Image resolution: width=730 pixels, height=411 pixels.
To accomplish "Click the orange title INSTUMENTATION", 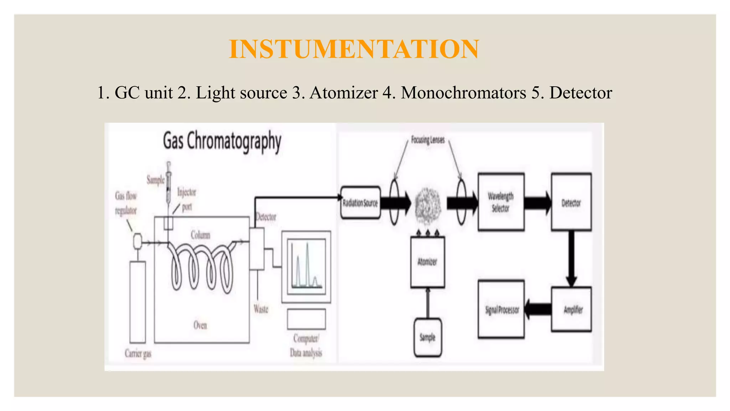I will [x=354, y=49].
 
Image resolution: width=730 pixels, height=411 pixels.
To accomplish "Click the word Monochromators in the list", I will [x=463, y=93].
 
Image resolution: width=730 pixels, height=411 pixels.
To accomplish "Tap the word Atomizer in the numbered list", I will [x=344, y=93].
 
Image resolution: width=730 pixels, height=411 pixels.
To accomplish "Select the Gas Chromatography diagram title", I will [x=222, y=141].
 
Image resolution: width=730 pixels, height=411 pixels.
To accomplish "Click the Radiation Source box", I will [x=360, y=203].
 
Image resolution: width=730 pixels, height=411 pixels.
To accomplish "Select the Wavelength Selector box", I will [x=500, y=202].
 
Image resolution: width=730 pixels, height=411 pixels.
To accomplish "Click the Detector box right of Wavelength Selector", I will [x=571, y=202].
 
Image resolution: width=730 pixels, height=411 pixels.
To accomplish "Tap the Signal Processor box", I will [x=501, y=309].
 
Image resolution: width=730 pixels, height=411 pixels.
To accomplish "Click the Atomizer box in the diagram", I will [x=427, y=262].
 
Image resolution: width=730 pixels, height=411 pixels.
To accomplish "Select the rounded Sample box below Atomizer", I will [x=427, y=337].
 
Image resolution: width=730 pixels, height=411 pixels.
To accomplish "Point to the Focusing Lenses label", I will [x=428, y=140].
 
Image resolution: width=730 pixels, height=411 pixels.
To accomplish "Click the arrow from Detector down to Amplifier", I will [x=571, y=259].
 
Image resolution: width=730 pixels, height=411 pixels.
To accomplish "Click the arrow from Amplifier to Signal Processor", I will [x=538, y=309].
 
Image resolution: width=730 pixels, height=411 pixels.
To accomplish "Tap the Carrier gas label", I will [x=138, y=354].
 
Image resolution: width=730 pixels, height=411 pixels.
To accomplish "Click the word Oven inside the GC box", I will [x=200, y=325].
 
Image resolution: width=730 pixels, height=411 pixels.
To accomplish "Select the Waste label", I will [x=261, y=309].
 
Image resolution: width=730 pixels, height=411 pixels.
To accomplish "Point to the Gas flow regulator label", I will [x=126, y=203].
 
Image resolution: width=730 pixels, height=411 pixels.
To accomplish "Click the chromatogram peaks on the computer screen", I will [x=306, y=266].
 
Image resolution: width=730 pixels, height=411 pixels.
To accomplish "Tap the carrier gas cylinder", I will [x=138, y=301].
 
